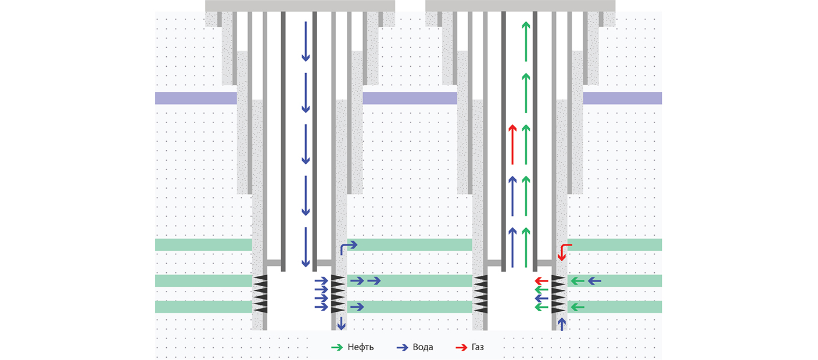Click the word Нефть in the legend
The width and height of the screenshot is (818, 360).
click(360, 347)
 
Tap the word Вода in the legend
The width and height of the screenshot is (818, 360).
click(422, 347)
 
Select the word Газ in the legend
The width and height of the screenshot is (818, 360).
click(478, 347)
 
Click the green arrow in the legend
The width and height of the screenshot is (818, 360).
click(337, 347)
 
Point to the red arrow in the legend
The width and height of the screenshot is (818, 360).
click(461, 347)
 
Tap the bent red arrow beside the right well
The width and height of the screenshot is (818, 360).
click(564, 251)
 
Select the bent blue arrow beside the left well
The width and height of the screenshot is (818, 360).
click(347, 247)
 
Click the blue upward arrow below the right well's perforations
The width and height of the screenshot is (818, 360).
click(561, 323)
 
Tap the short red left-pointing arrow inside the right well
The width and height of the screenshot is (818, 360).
click(541, 281)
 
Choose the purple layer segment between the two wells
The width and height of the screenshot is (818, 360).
click(410, 98)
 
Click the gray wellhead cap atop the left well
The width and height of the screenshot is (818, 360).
click(300, 6)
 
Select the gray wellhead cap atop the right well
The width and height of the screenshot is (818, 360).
click(520, 6)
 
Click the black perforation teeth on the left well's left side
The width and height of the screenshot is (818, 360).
click(260, 294)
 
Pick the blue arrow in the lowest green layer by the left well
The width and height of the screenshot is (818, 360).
click(357, 307)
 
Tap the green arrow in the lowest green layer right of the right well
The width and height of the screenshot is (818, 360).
click(577, 307)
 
